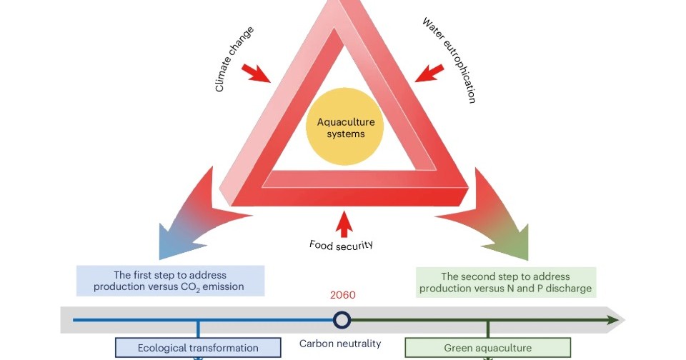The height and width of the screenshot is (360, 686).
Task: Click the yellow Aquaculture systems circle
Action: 346,127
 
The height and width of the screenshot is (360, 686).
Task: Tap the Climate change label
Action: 234,59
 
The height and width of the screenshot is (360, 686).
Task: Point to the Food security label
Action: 342,245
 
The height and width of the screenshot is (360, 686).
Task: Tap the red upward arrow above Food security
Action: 345,223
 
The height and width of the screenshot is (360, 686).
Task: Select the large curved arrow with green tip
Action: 500,214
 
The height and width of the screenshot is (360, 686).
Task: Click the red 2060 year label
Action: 343,295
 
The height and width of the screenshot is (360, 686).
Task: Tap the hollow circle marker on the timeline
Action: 342,319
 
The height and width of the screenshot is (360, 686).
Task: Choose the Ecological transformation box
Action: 198,349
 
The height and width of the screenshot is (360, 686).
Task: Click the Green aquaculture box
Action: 488,349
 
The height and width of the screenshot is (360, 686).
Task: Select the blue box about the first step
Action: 171,281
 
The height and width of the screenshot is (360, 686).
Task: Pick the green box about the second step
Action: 505,282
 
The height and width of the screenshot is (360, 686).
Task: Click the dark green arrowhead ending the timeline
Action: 613,319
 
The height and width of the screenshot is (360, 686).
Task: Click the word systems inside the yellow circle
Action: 346,134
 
